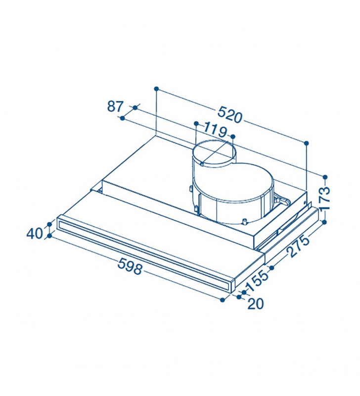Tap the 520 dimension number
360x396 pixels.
(x=230, y=115)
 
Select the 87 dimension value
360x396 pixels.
(x=115, y=106)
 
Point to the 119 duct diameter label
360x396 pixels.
(x=215, y=129)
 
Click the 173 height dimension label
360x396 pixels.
(x=324, y=198)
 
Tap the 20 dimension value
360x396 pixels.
(x=256, y=304)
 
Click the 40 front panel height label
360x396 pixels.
(x=35, y=233)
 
